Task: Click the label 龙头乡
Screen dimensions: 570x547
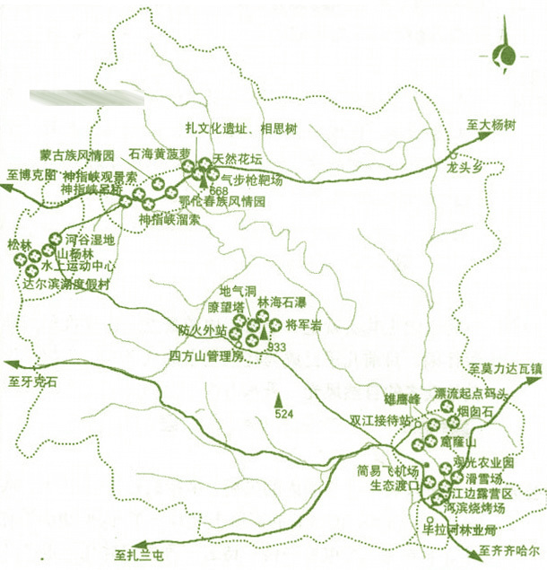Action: [x=465, y=167]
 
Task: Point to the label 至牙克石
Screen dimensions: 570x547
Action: [x=33, y=381]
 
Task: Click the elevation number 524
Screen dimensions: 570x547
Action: [x=284, y=414]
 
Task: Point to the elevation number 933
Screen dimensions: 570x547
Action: [x=276, y=346]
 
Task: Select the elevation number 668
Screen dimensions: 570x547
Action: [x=218, y=192]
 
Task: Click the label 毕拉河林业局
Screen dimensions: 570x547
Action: [x=458, y=530]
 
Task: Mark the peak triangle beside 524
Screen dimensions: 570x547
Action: [x=279, y=399]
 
